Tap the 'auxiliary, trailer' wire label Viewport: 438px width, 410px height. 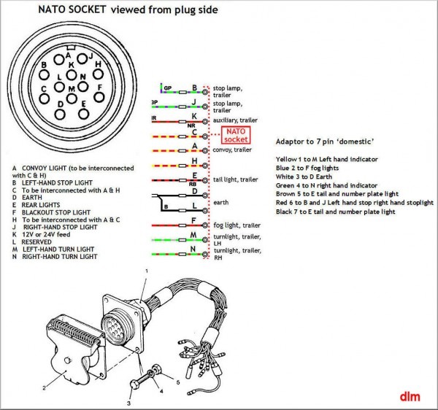(241, 120)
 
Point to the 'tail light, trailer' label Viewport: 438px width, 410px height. (239, 179)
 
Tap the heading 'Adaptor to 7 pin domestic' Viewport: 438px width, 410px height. (325, 141)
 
